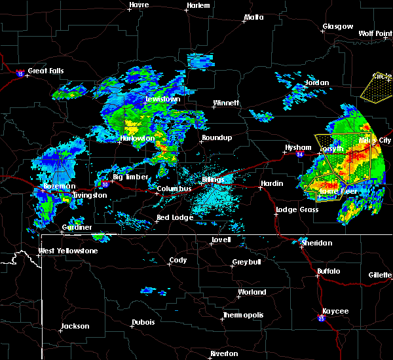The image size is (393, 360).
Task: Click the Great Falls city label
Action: tap(48, 71)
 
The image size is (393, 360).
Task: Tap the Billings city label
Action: tap(213, 179)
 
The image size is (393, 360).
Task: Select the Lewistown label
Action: tap(162, 99)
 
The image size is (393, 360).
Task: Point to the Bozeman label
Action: tap(56, 186)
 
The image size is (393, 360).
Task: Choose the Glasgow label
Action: tap(338, 27)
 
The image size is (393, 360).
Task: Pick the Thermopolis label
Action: tap(243, 315)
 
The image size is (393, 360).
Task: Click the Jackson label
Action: tap(75, 326)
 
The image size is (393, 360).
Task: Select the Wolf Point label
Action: tap(375, 33)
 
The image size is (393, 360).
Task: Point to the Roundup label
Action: tap(217, 137)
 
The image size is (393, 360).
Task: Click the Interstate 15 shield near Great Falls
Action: tap(20, 73)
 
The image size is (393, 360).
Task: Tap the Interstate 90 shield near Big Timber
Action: tap(105, 185)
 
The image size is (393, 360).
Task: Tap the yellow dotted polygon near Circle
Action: tap(377, 86)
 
